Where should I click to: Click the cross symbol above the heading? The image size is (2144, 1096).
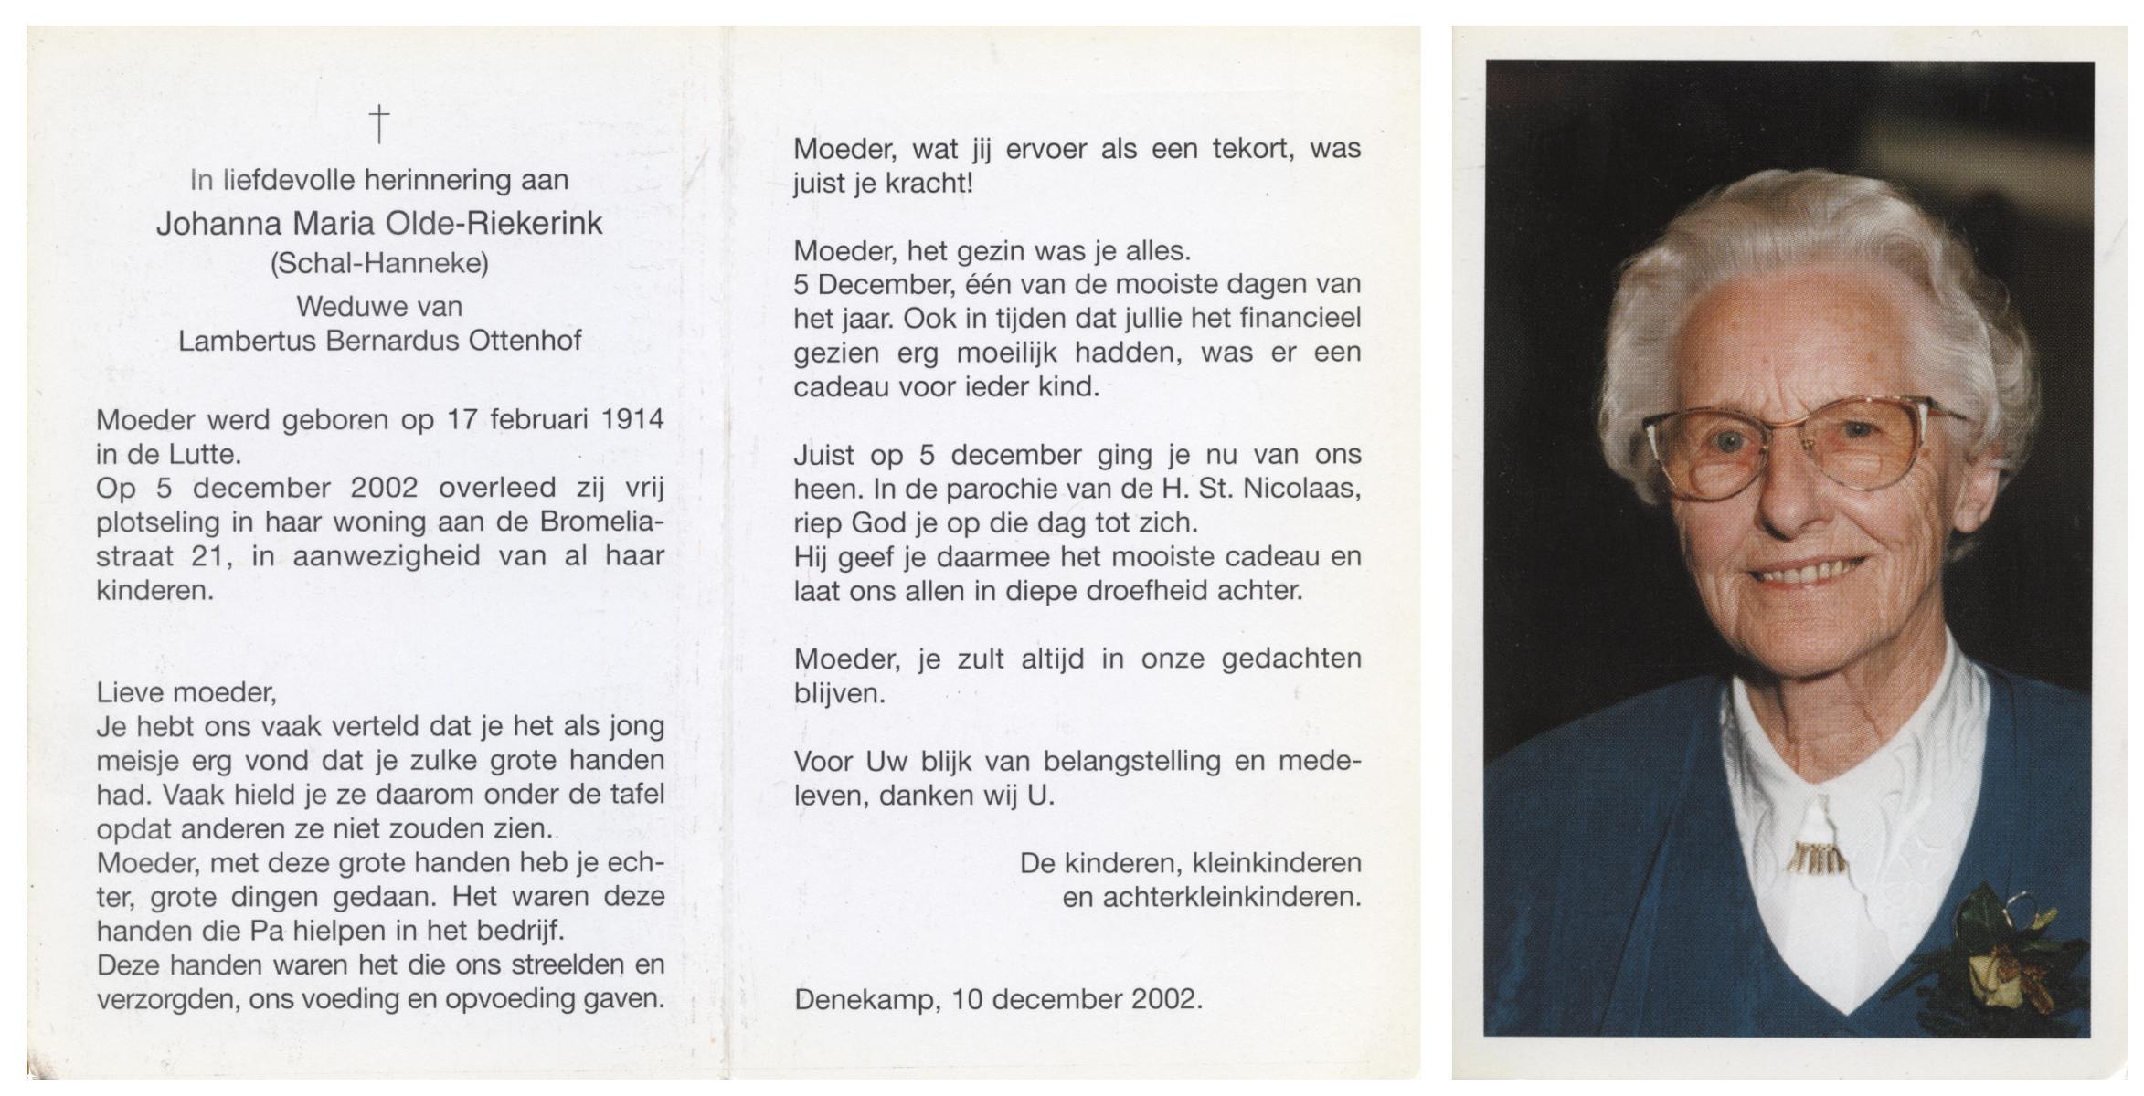pos(379,123)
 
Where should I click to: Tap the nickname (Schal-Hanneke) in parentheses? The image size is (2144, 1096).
pos(379,264)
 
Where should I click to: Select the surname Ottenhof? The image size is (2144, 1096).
pos(525,341)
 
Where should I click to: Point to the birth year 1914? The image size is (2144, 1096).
pos(632,419)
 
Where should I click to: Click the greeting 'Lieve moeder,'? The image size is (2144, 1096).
pos(186,692)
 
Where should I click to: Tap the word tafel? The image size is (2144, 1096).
pos(632,795)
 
